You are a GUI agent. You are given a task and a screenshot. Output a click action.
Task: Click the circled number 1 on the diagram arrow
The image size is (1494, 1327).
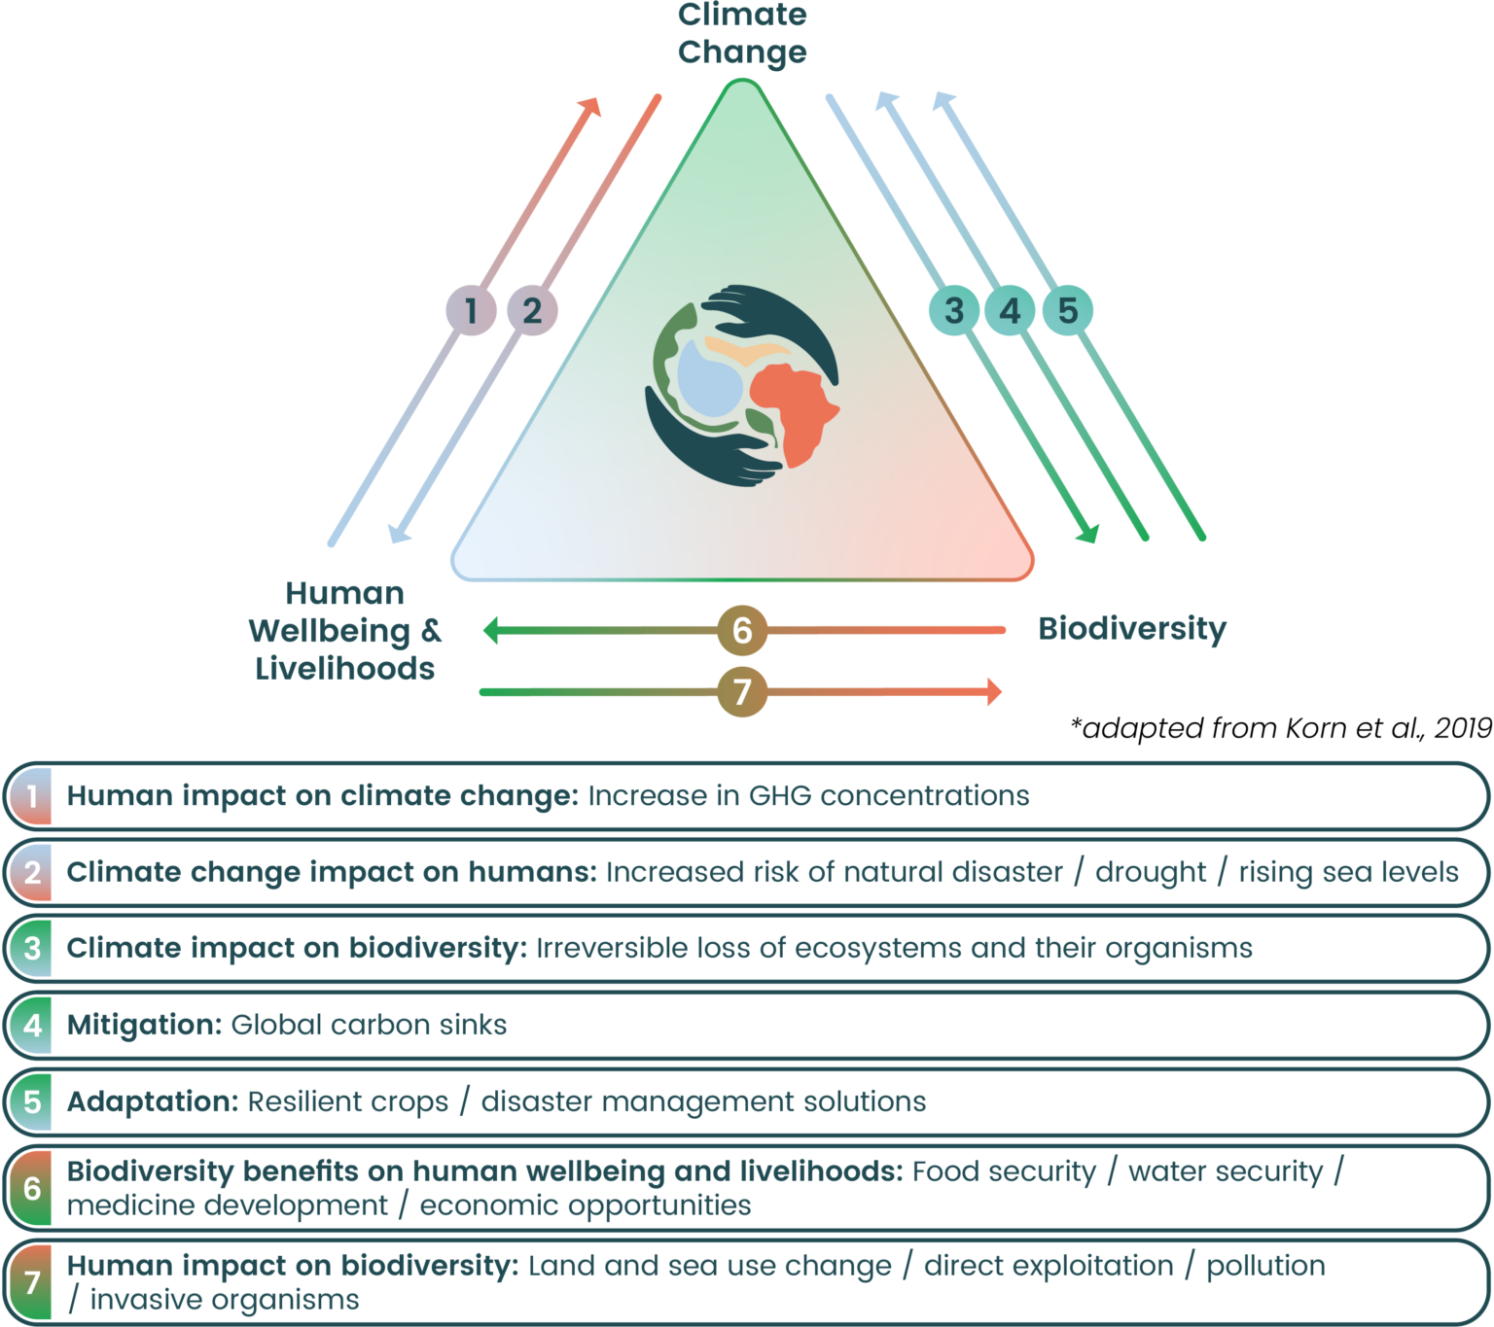point(472,310)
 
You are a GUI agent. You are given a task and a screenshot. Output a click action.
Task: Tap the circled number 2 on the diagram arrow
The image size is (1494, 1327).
point(532,310)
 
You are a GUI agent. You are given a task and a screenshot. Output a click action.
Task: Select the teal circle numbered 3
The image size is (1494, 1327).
point(954,310)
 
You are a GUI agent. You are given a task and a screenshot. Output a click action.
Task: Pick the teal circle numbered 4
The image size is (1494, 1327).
point(1011,310)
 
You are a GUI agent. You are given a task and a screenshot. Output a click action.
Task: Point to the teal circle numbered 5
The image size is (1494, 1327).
point(1068,310)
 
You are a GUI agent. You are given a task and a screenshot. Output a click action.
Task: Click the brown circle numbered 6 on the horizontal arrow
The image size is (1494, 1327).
point(742,630)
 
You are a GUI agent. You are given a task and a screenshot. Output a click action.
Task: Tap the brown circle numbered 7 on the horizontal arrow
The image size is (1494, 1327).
point(742,692)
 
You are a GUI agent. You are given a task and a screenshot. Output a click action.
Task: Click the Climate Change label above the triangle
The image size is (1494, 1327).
point(742,33)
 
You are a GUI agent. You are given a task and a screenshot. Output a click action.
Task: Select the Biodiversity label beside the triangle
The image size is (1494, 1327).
point(1132,628)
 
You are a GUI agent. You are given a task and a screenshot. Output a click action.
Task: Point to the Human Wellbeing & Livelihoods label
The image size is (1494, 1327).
point(345,630)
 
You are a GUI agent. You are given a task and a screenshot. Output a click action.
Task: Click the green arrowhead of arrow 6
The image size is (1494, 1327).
point(492,630)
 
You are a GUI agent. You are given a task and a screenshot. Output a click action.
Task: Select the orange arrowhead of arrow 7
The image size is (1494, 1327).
point(993,692)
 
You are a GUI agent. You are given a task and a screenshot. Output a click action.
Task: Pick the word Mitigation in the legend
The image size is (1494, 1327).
point(144,1025)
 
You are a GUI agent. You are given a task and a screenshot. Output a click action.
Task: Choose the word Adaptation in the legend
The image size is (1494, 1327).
point(152,1101)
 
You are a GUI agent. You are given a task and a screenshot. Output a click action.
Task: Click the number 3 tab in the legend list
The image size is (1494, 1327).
point(32,948)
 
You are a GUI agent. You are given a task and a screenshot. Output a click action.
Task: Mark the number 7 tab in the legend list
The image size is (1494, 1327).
point(32,1282)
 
